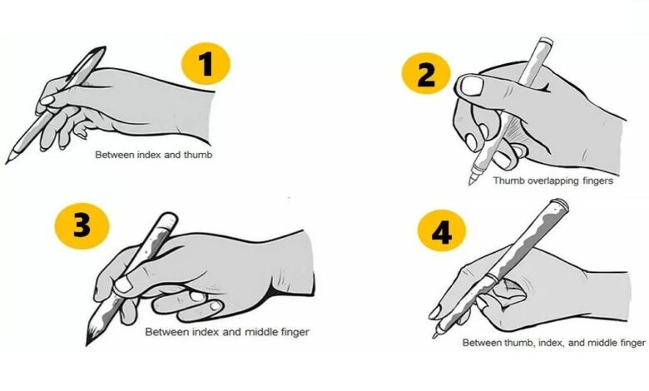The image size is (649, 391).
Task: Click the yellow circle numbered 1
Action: [x=206, y=64]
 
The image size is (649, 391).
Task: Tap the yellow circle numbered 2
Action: [x=426, y=74]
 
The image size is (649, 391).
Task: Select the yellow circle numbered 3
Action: [x=82, y=226]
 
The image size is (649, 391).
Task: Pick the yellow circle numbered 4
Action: [x=442, y=231]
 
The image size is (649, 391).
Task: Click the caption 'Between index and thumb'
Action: [x=154, y=155]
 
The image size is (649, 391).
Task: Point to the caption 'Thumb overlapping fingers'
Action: [x=553, y=181]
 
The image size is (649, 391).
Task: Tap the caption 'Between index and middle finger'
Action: [x=227, y=332]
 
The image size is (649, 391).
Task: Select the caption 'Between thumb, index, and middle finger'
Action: [x=554, y=343]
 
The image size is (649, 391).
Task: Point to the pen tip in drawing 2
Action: [x=470, y=182]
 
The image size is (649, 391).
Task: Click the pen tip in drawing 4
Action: [x=435, y=335]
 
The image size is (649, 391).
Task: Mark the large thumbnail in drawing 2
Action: [x=472, y=86]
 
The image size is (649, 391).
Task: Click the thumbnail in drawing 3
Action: [x=123, y=285]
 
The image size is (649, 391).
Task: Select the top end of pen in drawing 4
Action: [x=559, y=204]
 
